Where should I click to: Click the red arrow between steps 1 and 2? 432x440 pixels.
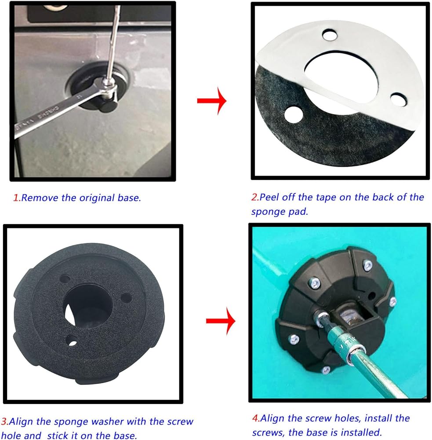tap(212, 101)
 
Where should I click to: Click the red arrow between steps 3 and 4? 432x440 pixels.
tap(221, 321)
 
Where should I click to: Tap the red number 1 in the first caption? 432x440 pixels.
tap(16, 198)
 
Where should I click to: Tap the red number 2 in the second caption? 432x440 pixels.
tap(255, 197)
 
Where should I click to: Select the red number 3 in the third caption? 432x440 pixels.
tap(4, 422)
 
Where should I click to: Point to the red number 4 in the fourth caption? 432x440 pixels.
tap(256, 418)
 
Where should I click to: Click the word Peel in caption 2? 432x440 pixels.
tap(269, 197)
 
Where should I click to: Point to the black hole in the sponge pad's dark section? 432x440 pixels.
tap(294, 114)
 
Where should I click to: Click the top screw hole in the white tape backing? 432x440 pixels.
tap(330, 35)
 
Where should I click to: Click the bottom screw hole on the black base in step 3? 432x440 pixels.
tap(72, 341)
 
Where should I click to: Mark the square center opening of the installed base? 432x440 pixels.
tap(355, 315)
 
